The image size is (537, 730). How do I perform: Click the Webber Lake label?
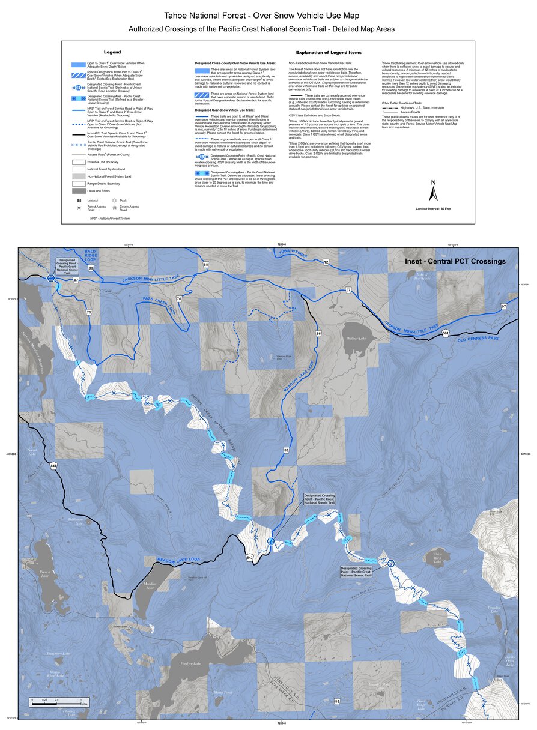pyautogui.click(x=356, y=338)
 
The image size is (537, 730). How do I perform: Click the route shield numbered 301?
pyautogui.click(x=445, y=333)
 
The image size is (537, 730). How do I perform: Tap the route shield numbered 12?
pyautogui.click(x=326, y=262)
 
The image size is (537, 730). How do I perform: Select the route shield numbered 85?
pyautogui.click(x=338, y=701)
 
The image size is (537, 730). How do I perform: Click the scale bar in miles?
pyautogui.click(x=55, y=701)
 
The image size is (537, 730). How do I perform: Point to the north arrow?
pyautogui.click(x=432, y=192)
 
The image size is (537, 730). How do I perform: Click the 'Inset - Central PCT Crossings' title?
pyautogui.click(x=454, y=261)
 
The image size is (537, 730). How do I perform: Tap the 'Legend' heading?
pyautogui.click(x=112, y=53)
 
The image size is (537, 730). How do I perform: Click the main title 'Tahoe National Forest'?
pyautogui.click(x=268, y=14)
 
